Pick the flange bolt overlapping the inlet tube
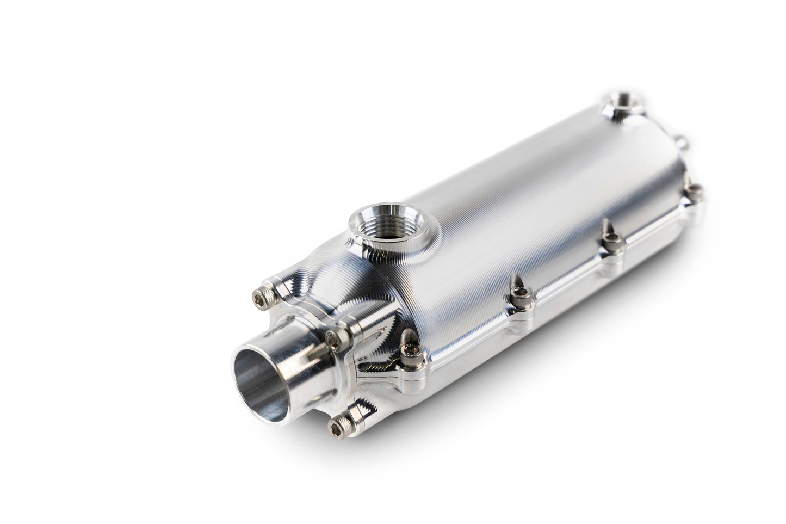336,338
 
